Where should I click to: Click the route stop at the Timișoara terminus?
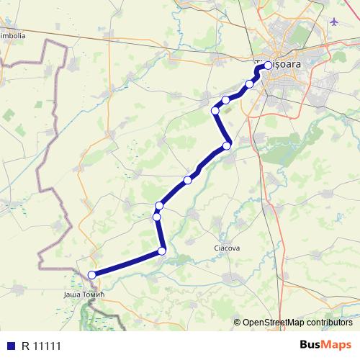coord(268,66)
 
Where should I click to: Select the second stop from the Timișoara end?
coord(250,84)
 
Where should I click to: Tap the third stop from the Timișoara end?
coord(225,100)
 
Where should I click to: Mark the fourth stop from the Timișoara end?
coord(215,110)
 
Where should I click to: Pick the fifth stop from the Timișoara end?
coord(226,146)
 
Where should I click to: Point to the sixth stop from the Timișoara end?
coord(188,179)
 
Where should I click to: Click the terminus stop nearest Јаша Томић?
coord(91,274)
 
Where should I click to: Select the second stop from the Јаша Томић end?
coord(162,251)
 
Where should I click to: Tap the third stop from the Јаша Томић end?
coord(156,217)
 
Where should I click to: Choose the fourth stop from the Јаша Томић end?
coord(159,206)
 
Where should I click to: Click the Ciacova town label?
coord(227,248)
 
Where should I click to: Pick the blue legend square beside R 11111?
coord(10,344)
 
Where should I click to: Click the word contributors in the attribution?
coord(328,322)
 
